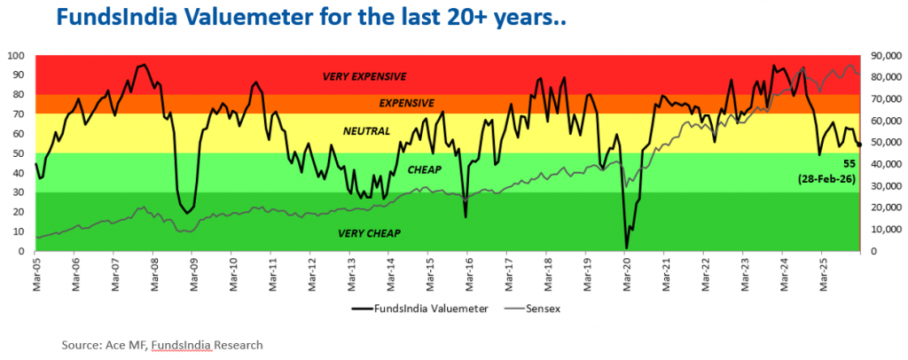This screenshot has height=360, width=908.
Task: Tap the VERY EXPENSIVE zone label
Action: (364, 76)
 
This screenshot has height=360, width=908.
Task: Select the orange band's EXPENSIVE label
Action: (407, 103)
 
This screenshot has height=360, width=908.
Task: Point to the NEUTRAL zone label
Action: (365, 130)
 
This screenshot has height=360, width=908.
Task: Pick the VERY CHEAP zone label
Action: (369, 233)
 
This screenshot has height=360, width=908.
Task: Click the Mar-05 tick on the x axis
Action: (37, 270)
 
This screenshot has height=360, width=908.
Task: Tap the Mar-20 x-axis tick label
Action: (626, 270)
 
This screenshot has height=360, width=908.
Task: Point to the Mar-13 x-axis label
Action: (351, 270)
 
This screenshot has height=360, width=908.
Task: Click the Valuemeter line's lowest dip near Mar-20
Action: (626, 249)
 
